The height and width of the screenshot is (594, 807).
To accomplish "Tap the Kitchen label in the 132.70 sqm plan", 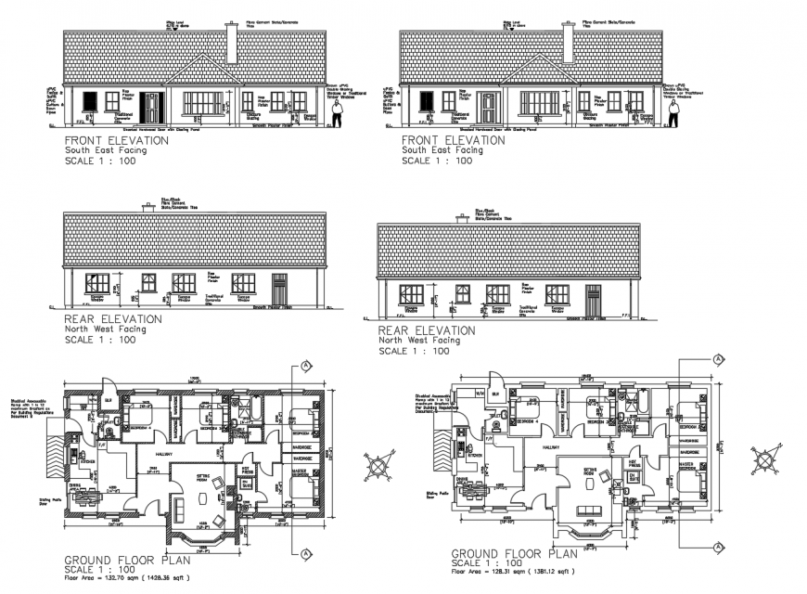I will (89, 461).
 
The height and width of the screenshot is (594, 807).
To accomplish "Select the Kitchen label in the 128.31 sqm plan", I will (476, 456).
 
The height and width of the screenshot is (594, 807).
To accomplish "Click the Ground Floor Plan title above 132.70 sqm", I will (127, 560).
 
